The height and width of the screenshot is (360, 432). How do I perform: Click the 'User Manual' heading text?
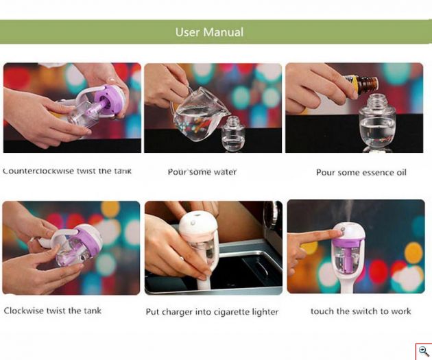(209, 32)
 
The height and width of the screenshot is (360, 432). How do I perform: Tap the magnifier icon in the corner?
(424, 352)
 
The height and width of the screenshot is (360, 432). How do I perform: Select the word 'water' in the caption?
(224, 172)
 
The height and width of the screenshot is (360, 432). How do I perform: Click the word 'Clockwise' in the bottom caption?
(24, 311)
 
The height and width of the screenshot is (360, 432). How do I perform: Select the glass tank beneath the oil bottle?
(377, 121)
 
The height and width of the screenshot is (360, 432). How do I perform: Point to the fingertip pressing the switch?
(339, 232)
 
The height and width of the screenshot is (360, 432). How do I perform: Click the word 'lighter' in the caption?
(265, 312)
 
